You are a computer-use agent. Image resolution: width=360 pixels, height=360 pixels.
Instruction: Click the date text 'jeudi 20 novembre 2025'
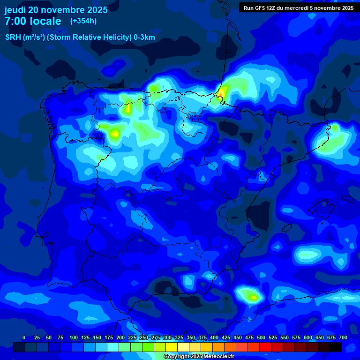[x=56, y=10]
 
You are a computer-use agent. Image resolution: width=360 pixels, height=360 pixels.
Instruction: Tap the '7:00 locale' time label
[x=33, y=21]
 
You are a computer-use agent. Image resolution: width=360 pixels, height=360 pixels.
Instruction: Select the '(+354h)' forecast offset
[x=83, y=21]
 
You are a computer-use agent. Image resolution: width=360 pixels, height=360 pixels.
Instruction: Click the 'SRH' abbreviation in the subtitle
[x=13, y=37]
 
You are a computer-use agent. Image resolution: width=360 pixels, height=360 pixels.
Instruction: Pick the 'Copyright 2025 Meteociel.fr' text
[x=199, y=356]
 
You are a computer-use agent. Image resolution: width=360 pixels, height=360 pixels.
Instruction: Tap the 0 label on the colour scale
[x=24, y=337]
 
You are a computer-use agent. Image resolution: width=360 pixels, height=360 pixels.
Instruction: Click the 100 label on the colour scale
[x=74, y=337]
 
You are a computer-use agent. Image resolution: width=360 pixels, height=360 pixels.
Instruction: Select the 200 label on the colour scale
[x=120, y=337]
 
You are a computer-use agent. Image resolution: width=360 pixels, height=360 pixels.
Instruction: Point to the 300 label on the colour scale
[x=167, y=337]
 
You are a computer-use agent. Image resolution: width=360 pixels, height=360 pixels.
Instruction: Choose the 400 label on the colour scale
[x=214, y=337]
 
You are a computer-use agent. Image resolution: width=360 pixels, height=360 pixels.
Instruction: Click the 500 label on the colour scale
[x=261, y=337]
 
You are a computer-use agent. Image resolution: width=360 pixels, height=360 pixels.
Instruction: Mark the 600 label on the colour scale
[x=308, y=337]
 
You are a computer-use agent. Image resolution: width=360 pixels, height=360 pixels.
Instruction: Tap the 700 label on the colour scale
[x=343, y=337]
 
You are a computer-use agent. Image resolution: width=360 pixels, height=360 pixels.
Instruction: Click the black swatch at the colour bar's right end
[x=336, y=347]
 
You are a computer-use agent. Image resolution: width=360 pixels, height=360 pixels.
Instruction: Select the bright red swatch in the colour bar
[x=265, y=347]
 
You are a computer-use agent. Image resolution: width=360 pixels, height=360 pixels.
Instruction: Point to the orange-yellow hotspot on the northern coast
[x=221, y=92]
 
